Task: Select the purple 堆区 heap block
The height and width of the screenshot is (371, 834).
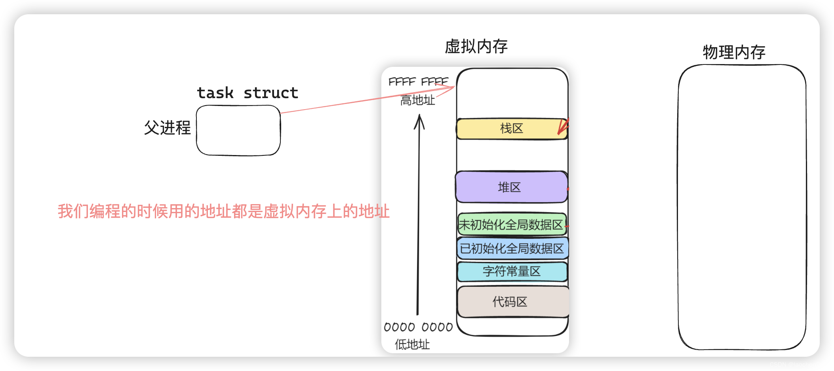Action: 511,187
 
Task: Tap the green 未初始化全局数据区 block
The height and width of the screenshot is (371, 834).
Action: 511,225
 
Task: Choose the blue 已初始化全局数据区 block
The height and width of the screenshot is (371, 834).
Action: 512,248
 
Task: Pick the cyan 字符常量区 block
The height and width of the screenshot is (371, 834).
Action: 512,271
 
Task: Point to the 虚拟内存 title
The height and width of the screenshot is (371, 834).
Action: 476,47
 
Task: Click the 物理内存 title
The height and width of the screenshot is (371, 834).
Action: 734,52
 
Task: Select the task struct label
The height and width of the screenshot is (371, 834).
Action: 248,93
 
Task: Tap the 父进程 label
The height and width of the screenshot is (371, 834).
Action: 167,128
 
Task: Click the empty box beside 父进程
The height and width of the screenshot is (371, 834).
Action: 238,130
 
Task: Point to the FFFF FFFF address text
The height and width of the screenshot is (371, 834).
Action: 418,81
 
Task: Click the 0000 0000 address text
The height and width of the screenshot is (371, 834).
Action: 418,327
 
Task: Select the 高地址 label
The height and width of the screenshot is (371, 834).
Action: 417,100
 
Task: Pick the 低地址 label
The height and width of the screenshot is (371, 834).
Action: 412,344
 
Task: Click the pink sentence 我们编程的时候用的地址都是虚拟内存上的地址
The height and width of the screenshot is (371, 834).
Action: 224,211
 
